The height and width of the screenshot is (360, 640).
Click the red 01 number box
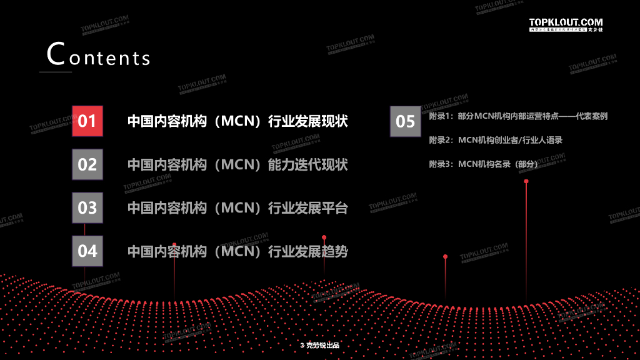tap(87, 121)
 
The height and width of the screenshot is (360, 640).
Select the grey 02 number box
tap(87, 164)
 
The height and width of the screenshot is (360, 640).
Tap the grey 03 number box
tap(87, 207)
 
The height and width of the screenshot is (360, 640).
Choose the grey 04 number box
tap(87, 251)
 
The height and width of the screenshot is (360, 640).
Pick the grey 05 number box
tap(406, 121)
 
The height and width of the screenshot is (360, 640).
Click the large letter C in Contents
tap(56, 54)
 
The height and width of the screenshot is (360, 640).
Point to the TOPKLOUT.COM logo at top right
tap(566, 24)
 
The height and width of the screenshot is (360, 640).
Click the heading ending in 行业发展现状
tap(237, 121)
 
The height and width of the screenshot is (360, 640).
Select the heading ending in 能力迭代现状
tap(237, 165)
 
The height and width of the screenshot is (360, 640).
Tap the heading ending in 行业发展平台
tap(237, 208)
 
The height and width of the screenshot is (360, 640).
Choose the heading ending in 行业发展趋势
tap(237, 251)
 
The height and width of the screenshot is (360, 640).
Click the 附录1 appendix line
tap(518, 116)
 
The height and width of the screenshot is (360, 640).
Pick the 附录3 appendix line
tap(483, 164)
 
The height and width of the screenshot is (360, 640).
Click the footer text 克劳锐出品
tap(322, 346)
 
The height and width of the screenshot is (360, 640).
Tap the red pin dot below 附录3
tap(526, 181)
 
